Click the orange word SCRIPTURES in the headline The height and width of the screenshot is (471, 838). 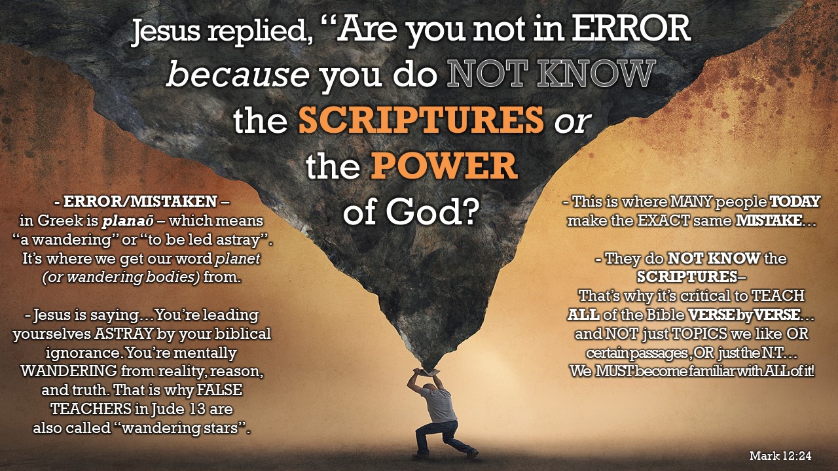pyautogui.click(x=421, y=120)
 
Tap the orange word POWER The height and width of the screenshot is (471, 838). pyautogui.click(x=444, y=166)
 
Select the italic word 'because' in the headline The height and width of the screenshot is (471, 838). pyautogui.click(x=238, y=74)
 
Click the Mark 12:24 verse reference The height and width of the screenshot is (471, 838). pyautogui.click(x=780, y=456)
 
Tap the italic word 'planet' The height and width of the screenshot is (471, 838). pyautogui.click(x=238, y=258)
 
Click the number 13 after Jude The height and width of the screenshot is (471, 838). pyautogui.click(x=198, y=409)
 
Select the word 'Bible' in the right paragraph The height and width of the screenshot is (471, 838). pyautogui.click(x=665, y=315)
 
